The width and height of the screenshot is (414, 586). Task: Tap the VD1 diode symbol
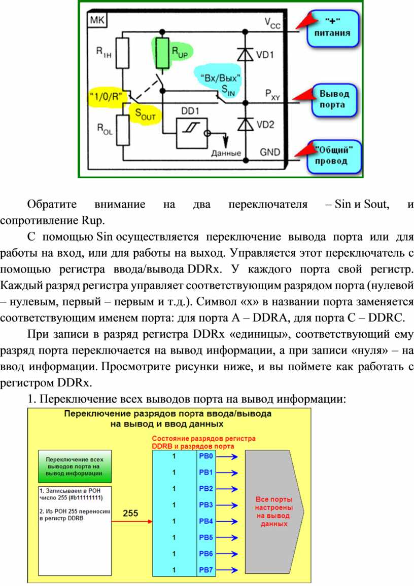tap(246, 55)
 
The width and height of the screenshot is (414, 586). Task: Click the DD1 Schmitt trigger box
tap(191, 133)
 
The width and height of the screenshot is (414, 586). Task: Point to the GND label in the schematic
tap(270, 151)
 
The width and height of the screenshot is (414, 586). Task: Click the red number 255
tap(131, 513)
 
